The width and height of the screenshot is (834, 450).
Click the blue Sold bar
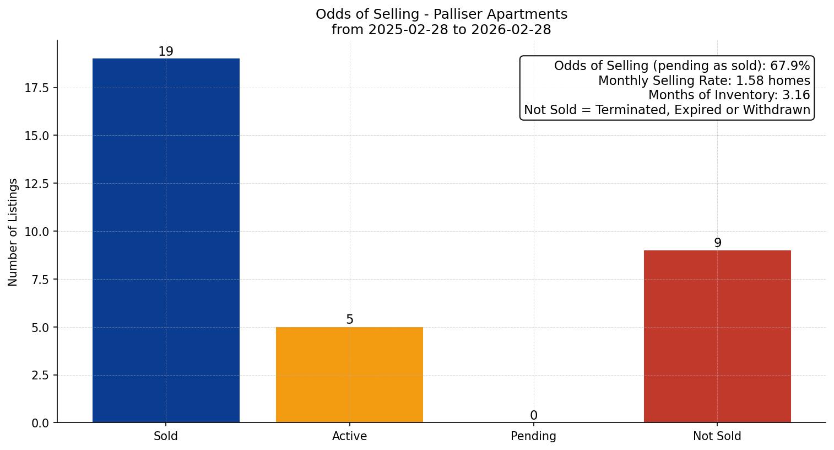pos(166,240)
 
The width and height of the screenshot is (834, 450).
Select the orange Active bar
pos(349,375)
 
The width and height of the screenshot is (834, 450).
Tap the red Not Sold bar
pos(717,336)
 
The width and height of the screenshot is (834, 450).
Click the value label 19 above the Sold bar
pos(166,52)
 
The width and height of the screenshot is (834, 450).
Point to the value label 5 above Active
pos(350,320)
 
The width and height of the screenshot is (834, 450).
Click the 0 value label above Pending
pos(533,416)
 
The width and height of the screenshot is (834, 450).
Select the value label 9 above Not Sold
pos(717,243)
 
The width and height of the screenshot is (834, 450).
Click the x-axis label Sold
pos(166,436)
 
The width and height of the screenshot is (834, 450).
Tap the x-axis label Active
pos(349,436)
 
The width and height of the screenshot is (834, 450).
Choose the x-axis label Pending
pos(533,436)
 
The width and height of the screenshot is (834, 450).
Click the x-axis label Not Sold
pos(717,436)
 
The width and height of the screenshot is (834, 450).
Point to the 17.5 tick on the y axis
pos(37,88)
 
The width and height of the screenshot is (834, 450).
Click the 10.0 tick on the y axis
pos(37,232)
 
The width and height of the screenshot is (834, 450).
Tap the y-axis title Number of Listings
pos(13,232)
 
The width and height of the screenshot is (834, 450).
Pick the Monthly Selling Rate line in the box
pos(704,81)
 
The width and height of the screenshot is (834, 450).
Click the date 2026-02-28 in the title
pos(511,30)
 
